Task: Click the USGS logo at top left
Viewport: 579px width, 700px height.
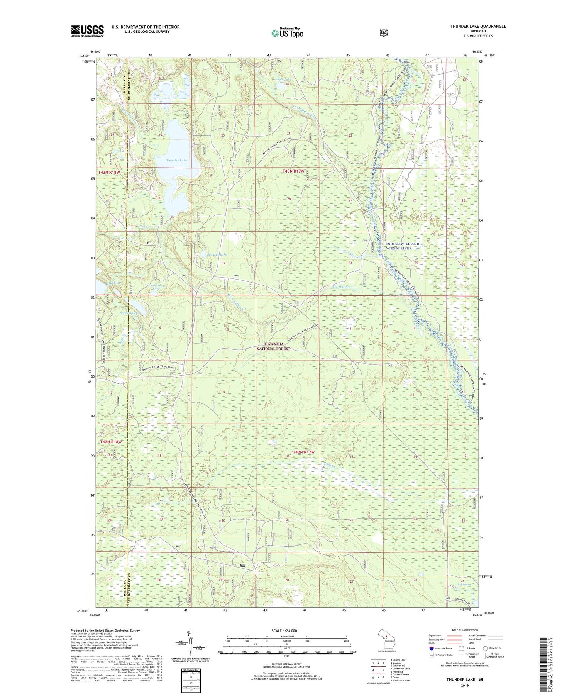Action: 87,31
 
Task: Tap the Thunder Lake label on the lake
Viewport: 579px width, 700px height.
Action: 176,160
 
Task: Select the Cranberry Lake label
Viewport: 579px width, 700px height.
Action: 157,286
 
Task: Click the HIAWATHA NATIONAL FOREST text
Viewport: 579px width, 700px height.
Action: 273,346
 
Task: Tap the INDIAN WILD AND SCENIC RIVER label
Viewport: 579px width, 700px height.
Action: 403,246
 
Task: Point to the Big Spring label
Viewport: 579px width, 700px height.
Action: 464,585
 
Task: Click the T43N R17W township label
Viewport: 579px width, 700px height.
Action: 293,171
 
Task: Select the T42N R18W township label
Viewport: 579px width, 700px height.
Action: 111,442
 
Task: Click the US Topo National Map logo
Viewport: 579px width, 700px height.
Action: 287,32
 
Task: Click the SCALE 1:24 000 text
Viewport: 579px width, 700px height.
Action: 284,631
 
